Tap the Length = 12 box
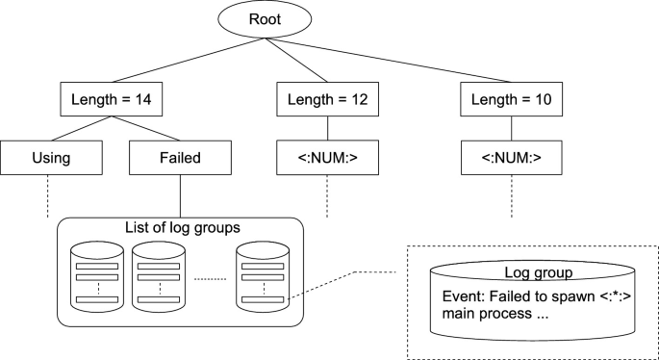328,97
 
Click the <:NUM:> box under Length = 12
328,157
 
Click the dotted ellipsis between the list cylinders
208,279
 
